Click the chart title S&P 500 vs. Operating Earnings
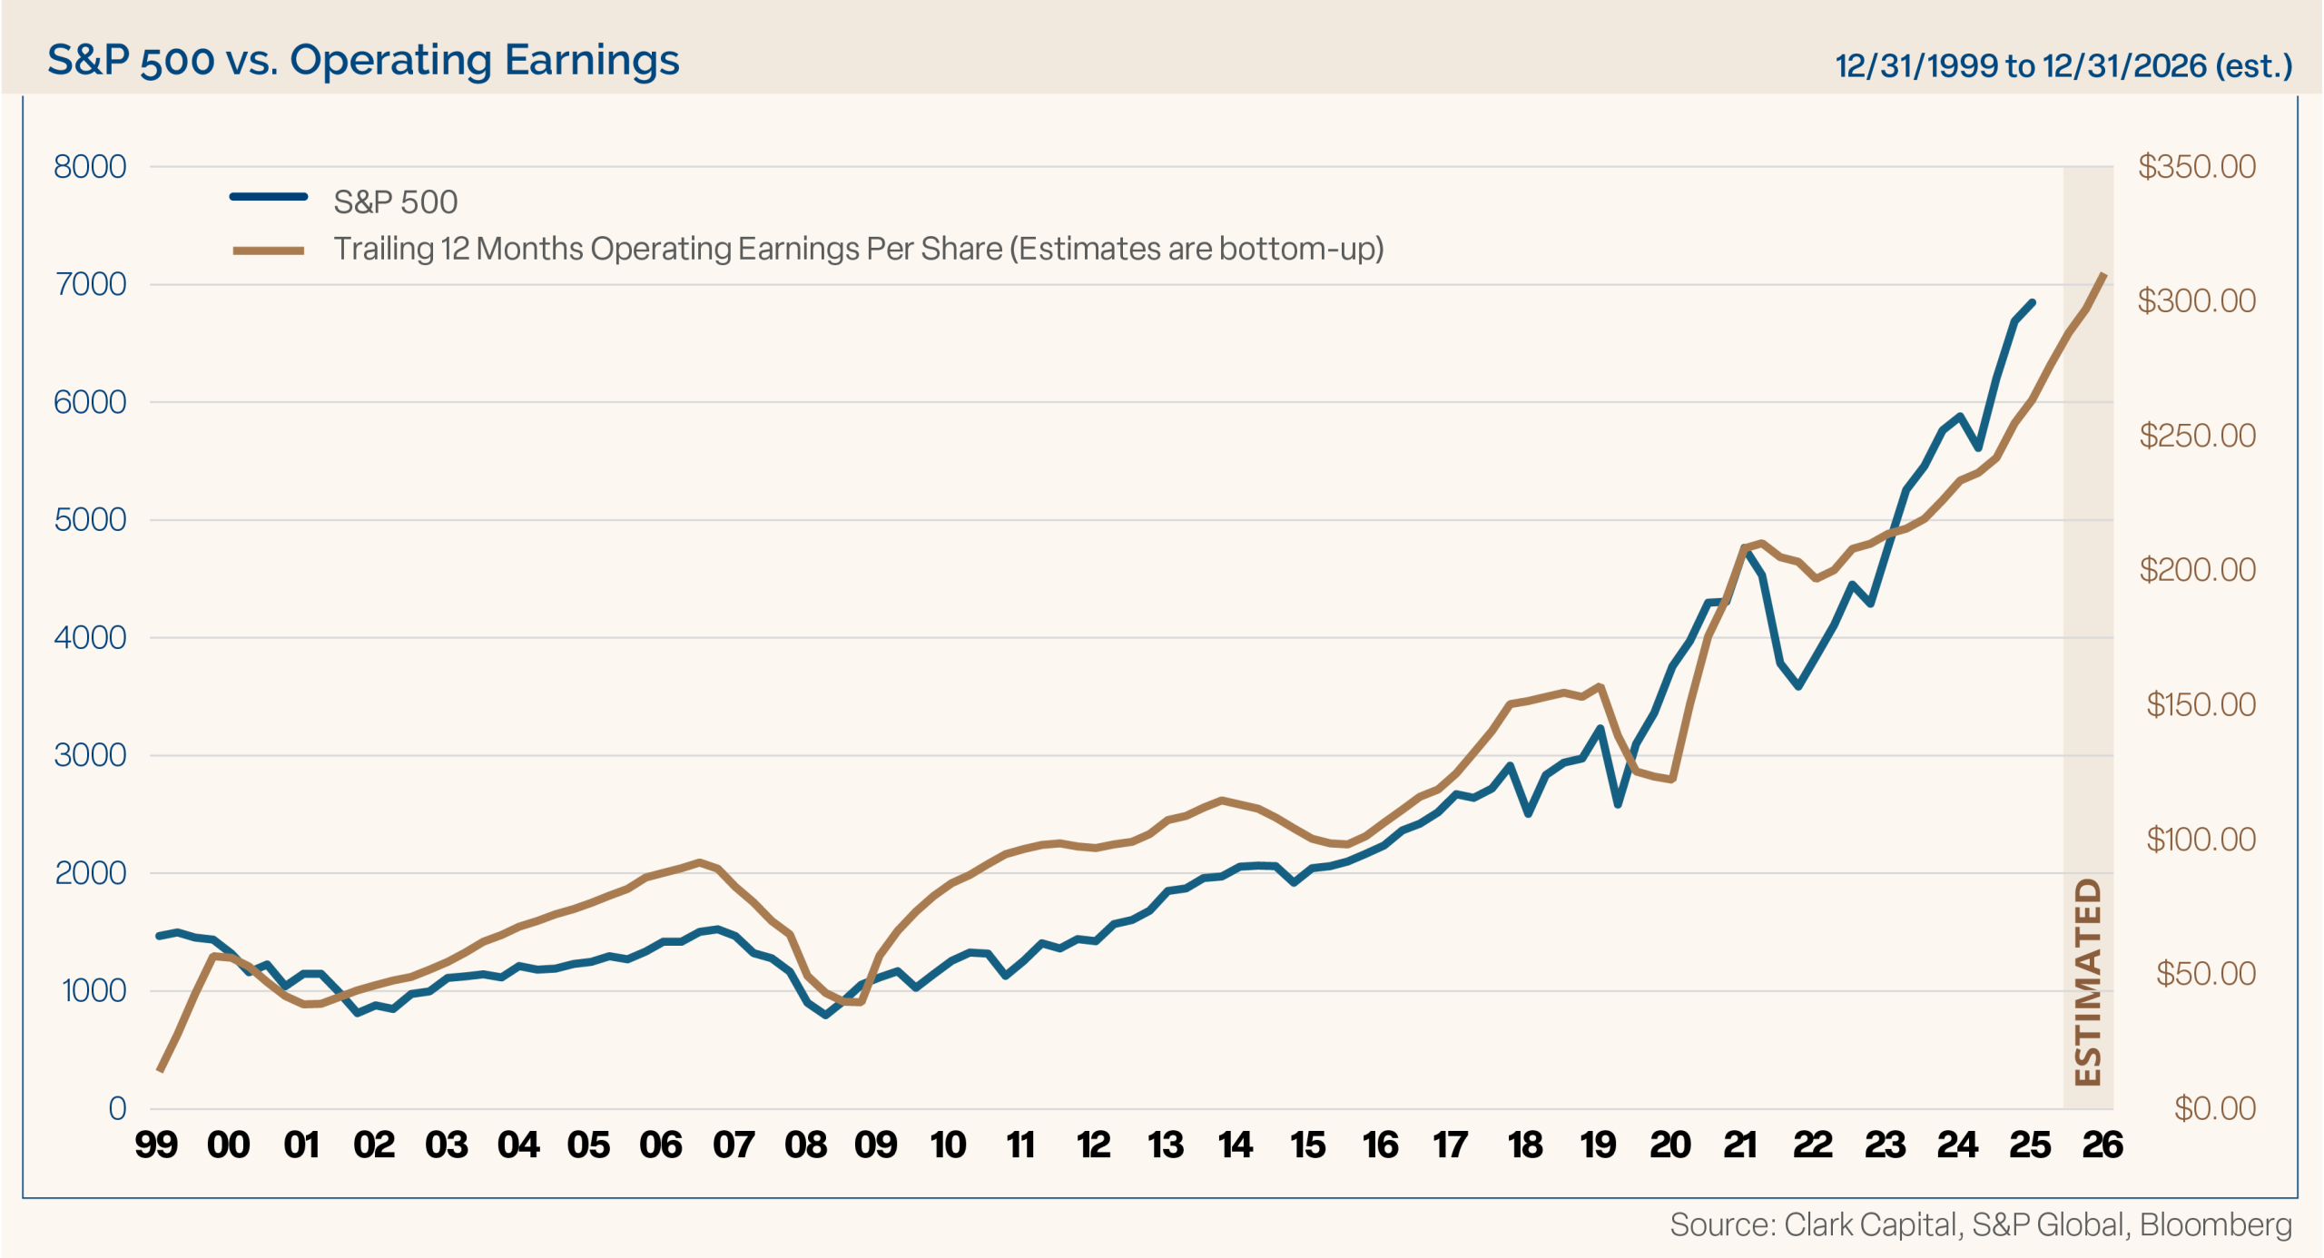tap(363, 61)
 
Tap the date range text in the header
tap(2063, 65)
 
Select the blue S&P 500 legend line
tap(269, 196)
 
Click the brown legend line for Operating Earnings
tap(269, 251)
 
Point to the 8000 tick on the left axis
tap(90, 167)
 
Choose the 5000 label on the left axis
tap(90, 520)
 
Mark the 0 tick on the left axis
tap(117, 1108)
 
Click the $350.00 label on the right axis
tap(2197, 167)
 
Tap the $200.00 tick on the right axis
tap(2197, 570)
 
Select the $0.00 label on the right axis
tap(2215, 1108)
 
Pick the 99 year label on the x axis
tap(156, 1145)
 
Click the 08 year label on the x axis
tap(806, 1145)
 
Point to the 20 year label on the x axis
tap(1670, 1145)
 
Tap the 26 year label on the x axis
tap(2102, 1145)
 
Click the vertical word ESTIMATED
tap(2089, 982)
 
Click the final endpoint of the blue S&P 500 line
tap(2033, 302)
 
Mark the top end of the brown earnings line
tap(2104, 273)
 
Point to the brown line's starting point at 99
tap(160, 1071)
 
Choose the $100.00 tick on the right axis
tap(2201, 840)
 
